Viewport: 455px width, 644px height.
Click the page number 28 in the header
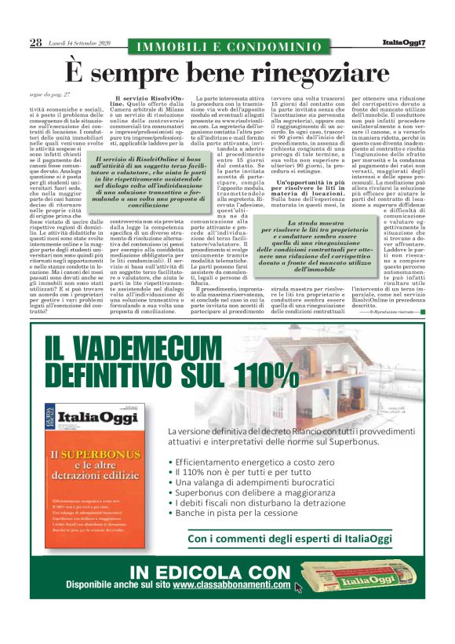[35, 42]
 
